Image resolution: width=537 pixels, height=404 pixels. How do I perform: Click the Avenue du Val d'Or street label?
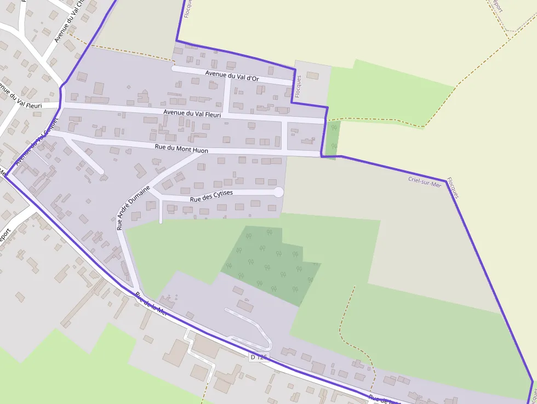click(232, 76)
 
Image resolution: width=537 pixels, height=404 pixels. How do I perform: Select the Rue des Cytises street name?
click(211, 196)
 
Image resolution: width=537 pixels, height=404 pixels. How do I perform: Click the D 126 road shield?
click(259, 357)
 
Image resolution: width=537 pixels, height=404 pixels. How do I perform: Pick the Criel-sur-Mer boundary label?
click(424, 182)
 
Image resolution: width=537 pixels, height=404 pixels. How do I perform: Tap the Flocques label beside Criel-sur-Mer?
click(453, 187)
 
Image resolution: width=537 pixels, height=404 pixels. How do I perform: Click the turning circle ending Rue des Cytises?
click(278, 192)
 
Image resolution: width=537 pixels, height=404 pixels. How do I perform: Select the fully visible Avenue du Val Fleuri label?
click(192, 113)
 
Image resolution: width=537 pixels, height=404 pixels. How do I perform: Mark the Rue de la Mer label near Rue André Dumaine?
click(151, 304)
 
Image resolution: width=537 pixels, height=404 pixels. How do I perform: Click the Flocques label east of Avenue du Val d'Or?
click(298, 87)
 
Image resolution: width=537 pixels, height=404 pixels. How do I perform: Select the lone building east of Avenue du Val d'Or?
click(312, 75)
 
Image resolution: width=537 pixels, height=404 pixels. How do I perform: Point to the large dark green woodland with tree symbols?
click(268, 263)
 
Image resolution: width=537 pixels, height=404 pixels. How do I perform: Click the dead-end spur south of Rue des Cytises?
click(161, 212)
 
